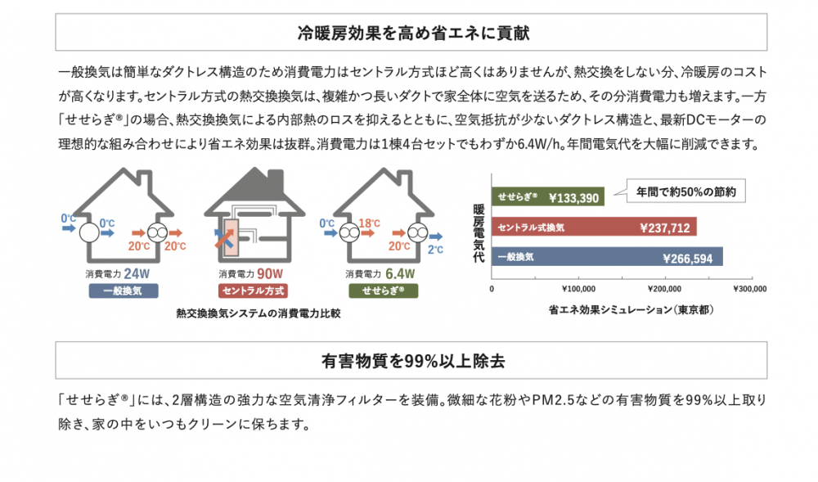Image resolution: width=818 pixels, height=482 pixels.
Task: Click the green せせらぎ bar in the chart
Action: coord(548,196)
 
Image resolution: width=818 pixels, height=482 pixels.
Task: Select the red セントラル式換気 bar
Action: coord(594,227)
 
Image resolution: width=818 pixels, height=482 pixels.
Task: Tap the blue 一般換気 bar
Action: coord(607,257)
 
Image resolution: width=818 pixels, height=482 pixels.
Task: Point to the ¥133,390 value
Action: coord(574,198)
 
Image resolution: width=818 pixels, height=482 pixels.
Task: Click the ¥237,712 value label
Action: coord(665,228)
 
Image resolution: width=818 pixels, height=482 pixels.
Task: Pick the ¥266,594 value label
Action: coord(688,259)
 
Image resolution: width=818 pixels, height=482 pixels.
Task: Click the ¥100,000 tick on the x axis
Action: coord(578,289)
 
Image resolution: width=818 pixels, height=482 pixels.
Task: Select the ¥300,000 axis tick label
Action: coord(749,289)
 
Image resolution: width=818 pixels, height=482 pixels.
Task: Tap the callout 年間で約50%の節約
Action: coord(686,191)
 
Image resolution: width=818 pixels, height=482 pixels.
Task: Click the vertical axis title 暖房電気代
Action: coord(479,232)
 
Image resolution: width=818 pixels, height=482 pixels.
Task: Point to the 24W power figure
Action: coord(137,273)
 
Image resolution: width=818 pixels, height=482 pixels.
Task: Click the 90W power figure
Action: coord(270,273)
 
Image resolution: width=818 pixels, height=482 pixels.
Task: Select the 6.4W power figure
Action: coord(400,273)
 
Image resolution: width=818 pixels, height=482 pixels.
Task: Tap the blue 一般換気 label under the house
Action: coord(124,291)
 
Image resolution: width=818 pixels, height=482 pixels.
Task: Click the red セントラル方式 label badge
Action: coord(253,291)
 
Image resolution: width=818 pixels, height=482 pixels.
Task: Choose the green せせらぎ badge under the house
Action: coord(384,291)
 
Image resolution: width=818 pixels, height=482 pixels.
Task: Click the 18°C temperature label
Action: coord(370,223)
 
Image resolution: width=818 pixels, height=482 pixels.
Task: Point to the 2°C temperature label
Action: coord(436,250)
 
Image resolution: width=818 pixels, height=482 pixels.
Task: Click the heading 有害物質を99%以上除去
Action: coord(412,361)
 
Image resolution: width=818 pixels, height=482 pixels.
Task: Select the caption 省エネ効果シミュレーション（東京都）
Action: coord(631,310)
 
